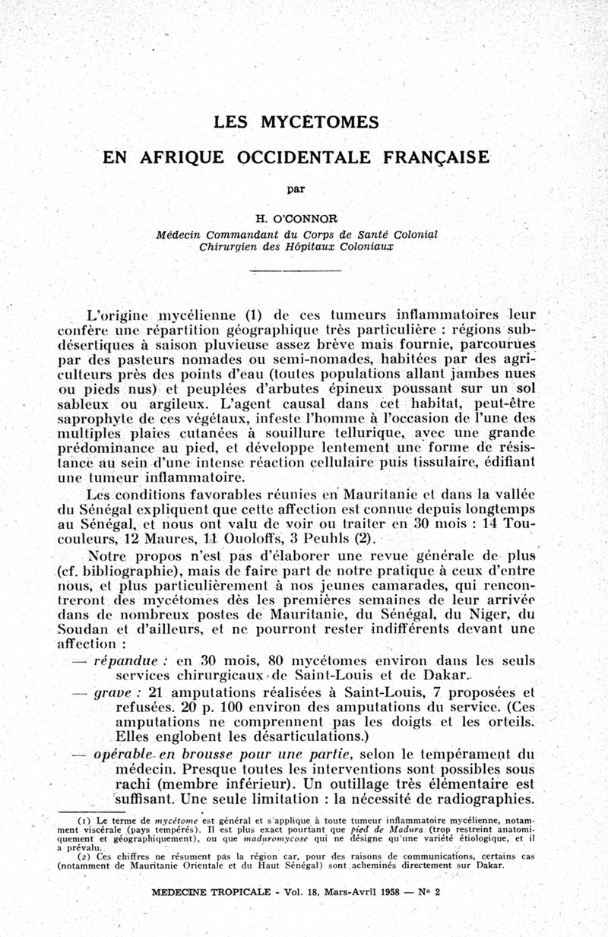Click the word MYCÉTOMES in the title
320,122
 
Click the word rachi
134,783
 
